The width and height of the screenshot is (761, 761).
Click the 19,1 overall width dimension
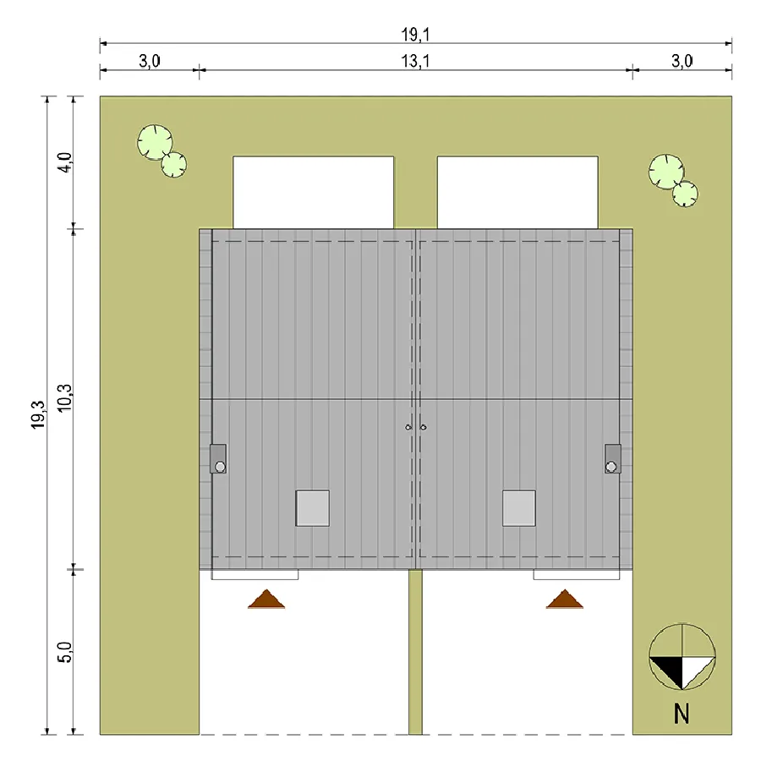coord(415,34)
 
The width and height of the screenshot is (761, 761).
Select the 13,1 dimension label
coord(415,61)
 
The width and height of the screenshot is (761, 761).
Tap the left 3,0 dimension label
coord(150,61)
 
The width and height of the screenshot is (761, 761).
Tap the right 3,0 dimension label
coord(682,61)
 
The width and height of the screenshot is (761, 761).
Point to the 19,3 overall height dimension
coord(38,415)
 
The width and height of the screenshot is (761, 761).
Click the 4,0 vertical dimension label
coord(64,162)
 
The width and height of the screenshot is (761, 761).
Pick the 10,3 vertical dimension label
coord(64,398)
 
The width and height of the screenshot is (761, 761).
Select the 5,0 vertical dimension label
coord(64,652)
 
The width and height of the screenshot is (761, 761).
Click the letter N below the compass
coord(682,714)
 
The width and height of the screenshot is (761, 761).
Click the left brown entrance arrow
coord(266,599)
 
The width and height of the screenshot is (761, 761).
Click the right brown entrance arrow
coord(565,599)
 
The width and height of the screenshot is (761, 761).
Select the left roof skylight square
coord(313,508)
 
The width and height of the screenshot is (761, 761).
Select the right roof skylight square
coord(519,508)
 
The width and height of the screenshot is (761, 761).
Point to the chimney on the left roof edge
coord(218,458)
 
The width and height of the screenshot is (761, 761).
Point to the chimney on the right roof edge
coord(612,458)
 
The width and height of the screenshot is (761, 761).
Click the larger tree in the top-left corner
coord(155,142)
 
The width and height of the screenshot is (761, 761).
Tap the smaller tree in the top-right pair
coord(685,194)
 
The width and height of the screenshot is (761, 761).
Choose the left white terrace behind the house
coord(313,192)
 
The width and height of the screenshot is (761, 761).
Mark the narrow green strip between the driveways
coord(415,652)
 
